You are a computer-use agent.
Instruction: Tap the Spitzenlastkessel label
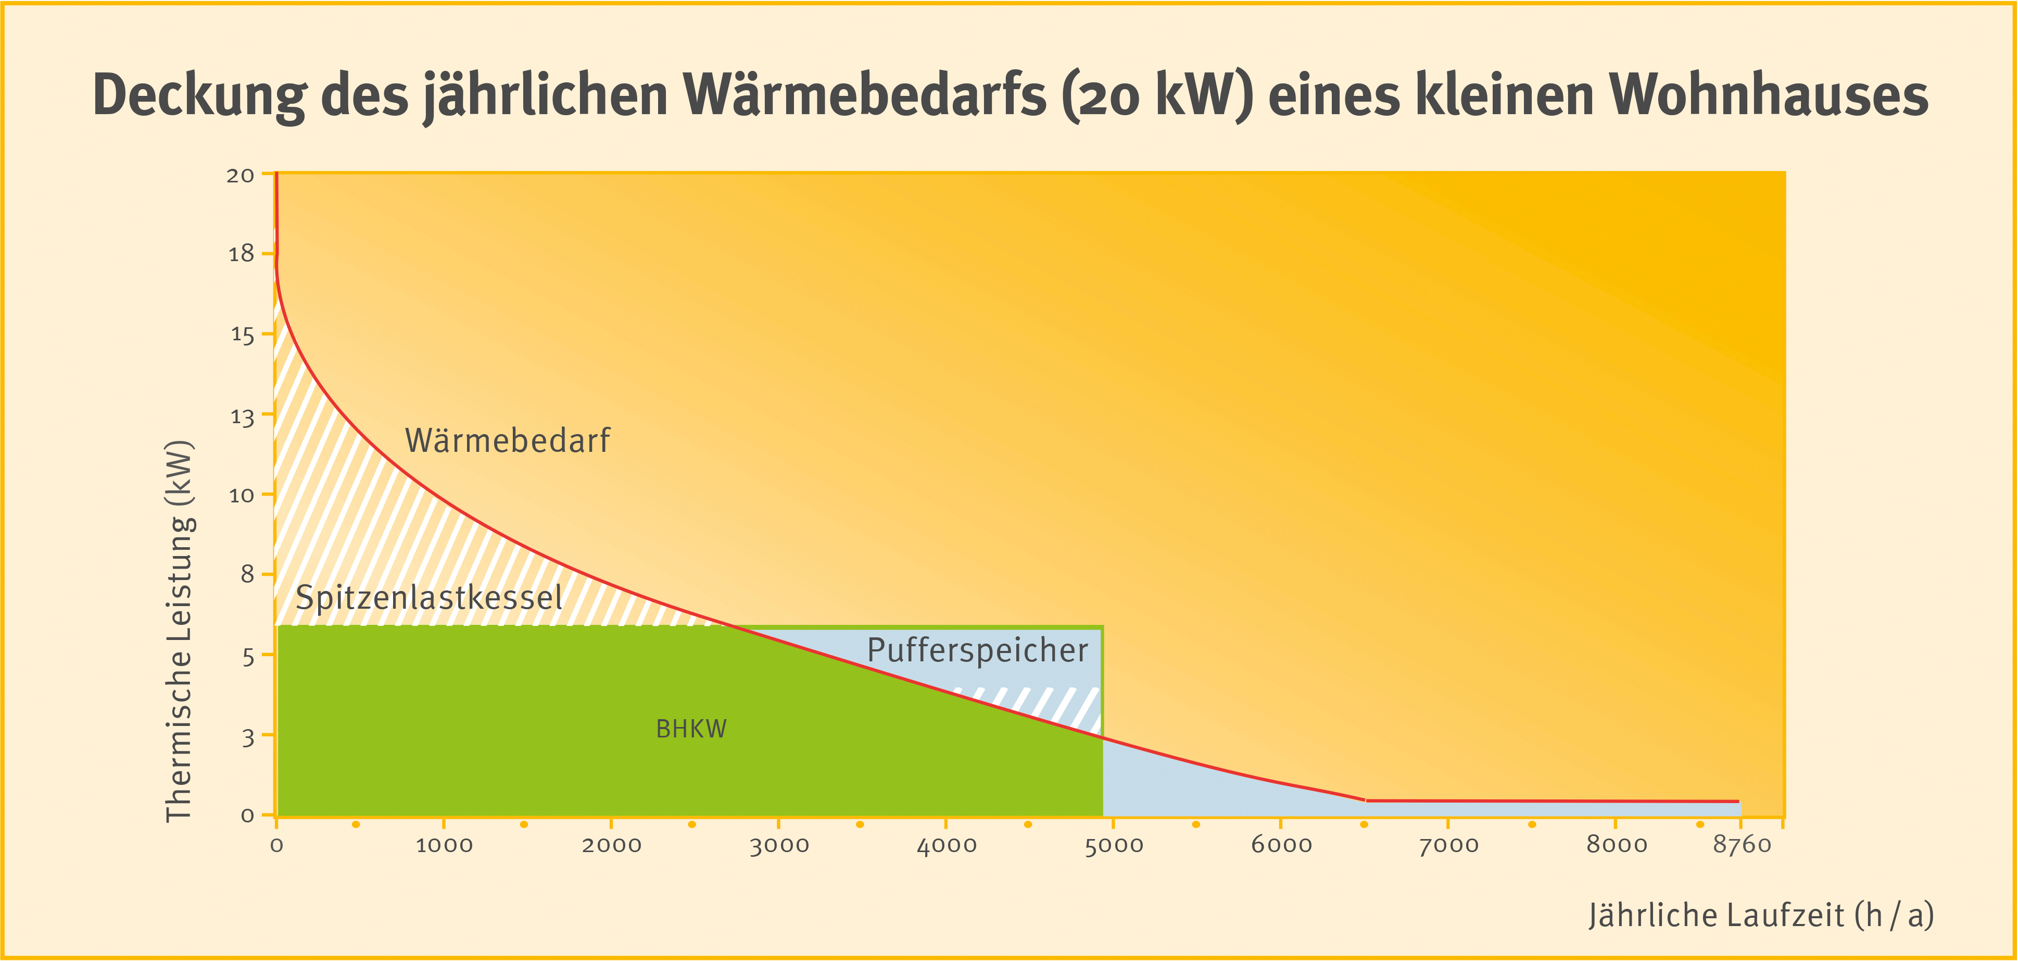click(428, 598)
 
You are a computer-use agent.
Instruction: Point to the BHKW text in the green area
click(691, 730)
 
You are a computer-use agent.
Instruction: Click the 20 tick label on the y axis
click(241, 176)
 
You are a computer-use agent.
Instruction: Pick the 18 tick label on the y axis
click(241, 254)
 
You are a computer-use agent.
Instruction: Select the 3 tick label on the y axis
click(247, 737)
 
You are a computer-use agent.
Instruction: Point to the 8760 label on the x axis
click(1742, 845)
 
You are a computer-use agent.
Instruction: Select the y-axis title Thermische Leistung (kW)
click(180, 631)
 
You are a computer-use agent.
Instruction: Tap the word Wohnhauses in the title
click(1769, 95)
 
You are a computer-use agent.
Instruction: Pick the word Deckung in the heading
click(200, 95)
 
